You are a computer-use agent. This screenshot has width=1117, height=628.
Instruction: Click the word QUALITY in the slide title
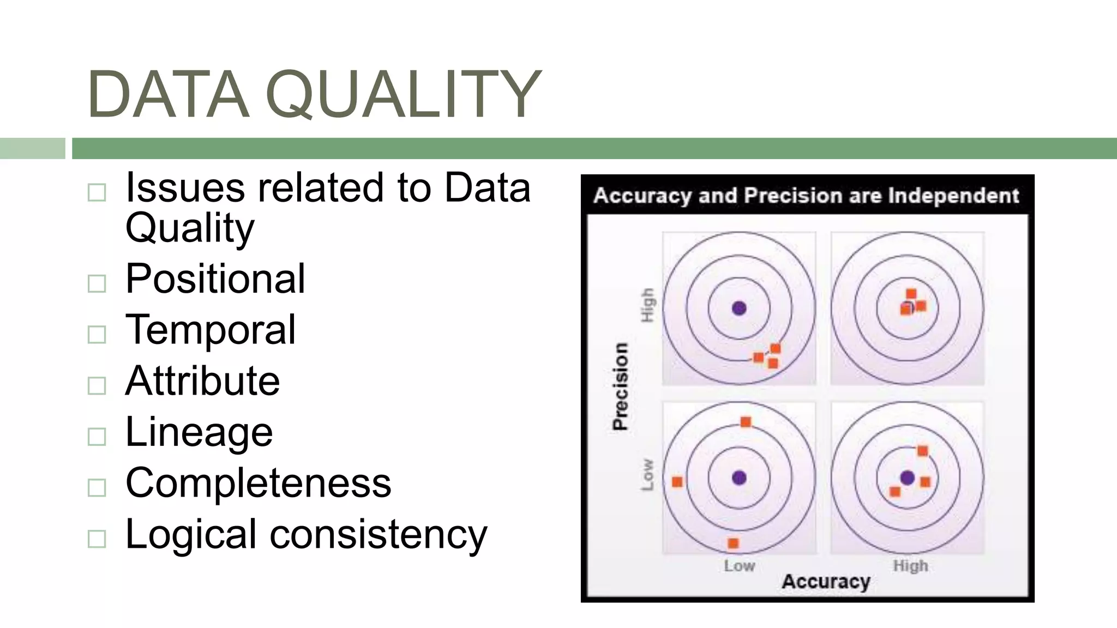(x=404, y=94)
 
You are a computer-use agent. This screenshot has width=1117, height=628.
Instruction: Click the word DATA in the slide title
(x=168, y=94)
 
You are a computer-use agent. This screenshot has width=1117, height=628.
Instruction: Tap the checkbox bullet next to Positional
(x=97, y=283)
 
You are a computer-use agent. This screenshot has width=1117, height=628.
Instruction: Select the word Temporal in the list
(x=211, y=330)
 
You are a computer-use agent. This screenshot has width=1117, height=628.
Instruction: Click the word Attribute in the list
(x=202, y=381)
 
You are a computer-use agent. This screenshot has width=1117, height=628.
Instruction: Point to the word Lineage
(x=199, y=432)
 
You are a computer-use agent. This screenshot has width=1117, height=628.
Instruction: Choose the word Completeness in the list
(x=258, y=483)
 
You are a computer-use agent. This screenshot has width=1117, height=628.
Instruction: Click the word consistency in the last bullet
(x=379, y=534)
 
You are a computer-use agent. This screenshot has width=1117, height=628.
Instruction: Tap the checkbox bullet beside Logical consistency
(x=97, y=539)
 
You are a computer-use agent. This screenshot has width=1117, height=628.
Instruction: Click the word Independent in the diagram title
(x=953, y=196)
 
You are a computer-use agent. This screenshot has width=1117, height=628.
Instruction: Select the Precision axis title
(x=620, y=387)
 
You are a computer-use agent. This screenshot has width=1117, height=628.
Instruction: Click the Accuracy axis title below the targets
(x=826, y=582)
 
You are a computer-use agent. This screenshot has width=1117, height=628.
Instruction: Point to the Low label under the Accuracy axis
(x=739, y=566)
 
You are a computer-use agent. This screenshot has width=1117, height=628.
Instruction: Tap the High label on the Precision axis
(x=647, y=305)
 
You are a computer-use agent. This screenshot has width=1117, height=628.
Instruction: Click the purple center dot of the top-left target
(x=739, y=309)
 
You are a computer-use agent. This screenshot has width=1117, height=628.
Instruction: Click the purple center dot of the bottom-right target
(x=907, y=478)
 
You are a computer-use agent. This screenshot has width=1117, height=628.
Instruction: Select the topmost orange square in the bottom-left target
(x=746, y=422)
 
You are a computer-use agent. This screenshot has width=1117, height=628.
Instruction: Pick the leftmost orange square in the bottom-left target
(x=677, y=482)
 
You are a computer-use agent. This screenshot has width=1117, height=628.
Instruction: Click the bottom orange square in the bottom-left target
(x=733, y=543)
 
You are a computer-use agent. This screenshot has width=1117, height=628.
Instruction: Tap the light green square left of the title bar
(x=32, y=148)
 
